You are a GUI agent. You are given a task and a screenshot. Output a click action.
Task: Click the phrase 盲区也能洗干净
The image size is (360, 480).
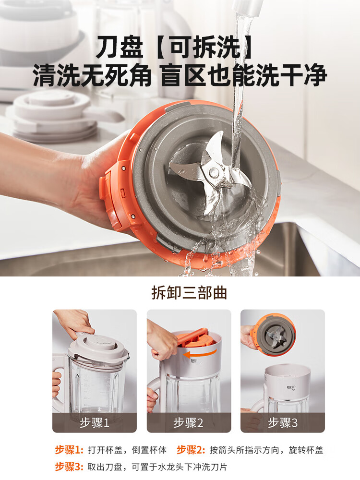pos(244,75)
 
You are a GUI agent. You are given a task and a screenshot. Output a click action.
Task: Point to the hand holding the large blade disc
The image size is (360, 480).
pos(72,178)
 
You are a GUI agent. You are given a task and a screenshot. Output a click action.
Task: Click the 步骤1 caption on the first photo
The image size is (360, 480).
pos(95,423)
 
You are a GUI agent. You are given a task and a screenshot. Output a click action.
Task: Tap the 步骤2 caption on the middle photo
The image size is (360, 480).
pos(189,423)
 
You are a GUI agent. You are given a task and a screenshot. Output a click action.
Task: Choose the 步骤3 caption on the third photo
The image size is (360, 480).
pos(283,423)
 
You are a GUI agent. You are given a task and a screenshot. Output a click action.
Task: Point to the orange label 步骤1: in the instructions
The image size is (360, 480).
pos(69,450)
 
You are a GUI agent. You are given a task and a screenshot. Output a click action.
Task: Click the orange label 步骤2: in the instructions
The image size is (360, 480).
pos(191,450)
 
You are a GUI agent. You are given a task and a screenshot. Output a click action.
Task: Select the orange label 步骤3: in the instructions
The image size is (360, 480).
pos(69,467)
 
